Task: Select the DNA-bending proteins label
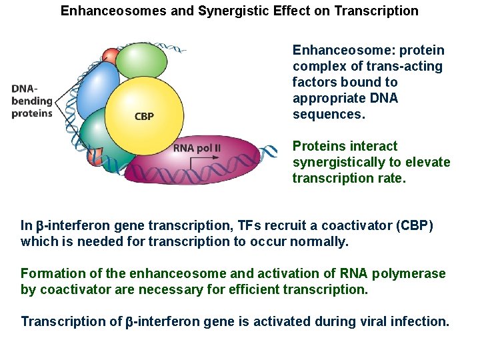coord(31,101)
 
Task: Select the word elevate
coord(429,162)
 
